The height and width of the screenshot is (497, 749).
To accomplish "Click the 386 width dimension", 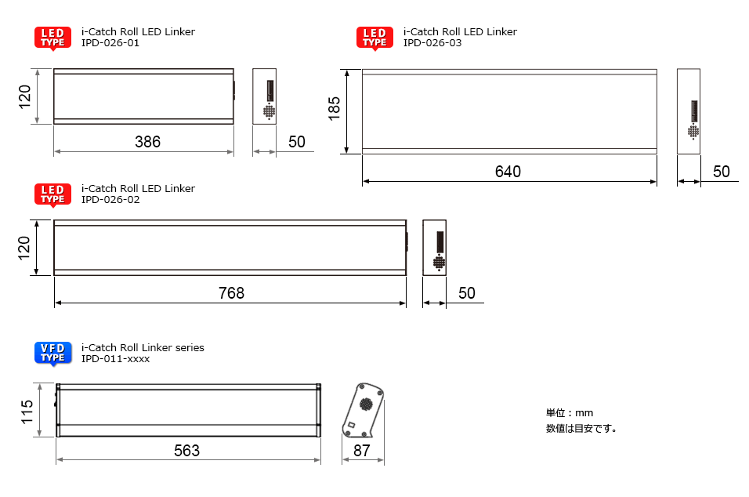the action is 147,142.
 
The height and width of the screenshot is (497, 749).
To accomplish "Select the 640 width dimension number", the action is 508,172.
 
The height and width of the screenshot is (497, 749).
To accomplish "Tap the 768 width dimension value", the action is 231,293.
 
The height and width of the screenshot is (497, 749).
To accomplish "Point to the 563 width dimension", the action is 186,451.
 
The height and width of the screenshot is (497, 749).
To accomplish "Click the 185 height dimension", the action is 335,108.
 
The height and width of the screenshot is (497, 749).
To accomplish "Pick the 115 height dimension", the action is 27,412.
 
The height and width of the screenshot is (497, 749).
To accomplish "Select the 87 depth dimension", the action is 362,451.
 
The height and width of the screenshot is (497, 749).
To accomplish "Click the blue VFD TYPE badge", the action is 53,354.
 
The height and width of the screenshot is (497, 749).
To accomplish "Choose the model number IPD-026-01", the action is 110,43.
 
